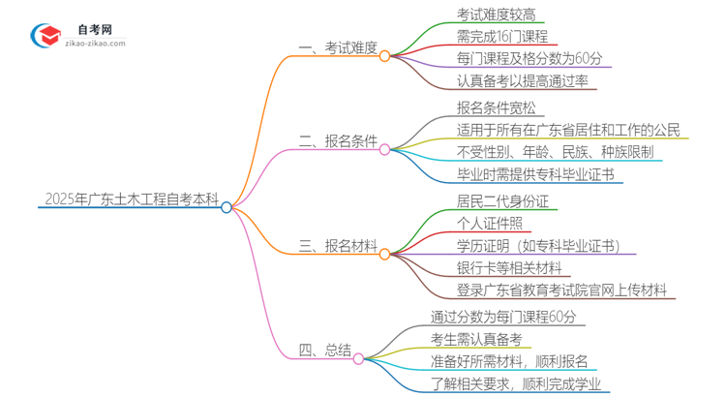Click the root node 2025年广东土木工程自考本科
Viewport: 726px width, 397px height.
[x=131, y=199]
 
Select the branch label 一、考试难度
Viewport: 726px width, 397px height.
[x=338, y=48]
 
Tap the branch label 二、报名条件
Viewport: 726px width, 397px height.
[x=338, y=141]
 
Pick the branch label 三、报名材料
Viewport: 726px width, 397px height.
[x=338, y=246]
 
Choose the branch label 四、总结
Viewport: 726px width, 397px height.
[x=324, y=350]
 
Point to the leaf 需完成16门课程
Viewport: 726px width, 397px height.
[x=502, y=37]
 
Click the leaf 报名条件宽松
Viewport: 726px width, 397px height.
[x=496, y=107]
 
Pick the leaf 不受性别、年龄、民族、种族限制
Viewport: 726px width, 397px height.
[x=554, y=152]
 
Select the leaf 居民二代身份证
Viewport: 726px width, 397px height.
[x=502, y=200]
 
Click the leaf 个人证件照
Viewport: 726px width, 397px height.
[x=489, y=223]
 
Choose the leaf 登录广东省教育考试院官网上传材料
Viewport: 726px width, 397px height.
[x=560, y=290]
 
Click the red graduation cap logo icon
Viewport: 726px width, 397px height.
[x=44, y=36]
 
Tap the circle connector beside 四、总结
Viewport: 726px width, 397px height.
[x=358, y=359]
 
